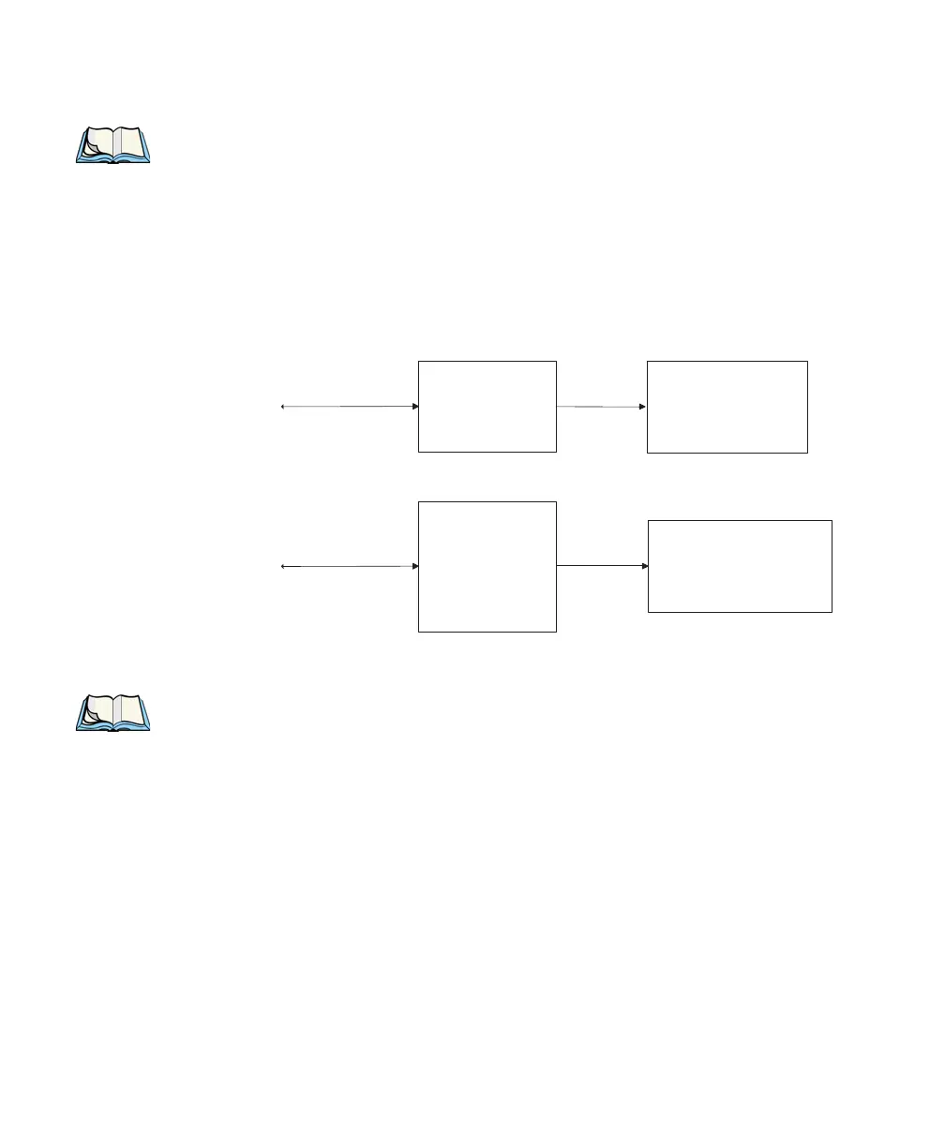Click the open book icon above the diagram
tap(112, 145)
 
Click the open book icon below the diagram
tap(112, 712)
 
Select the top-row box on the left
tap(487, 406)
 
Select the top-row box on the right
tap(727, 406)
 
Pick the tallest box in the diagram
tap(487, 566)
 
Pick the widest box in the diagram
tap(740, 566)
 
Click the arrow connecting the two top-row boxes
tap(601, 407)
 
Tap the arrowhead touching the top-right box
tap(642, 407)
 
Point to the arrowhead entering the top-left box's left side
tap(414, 407)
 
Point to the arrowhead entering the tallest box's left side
tap(414, 566)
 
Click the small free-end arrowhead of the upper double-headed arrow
tap(283, 407)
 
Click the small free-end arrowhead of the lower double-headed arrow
tap(283, 566)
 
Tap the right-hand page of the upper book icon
tap(130, 142)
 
